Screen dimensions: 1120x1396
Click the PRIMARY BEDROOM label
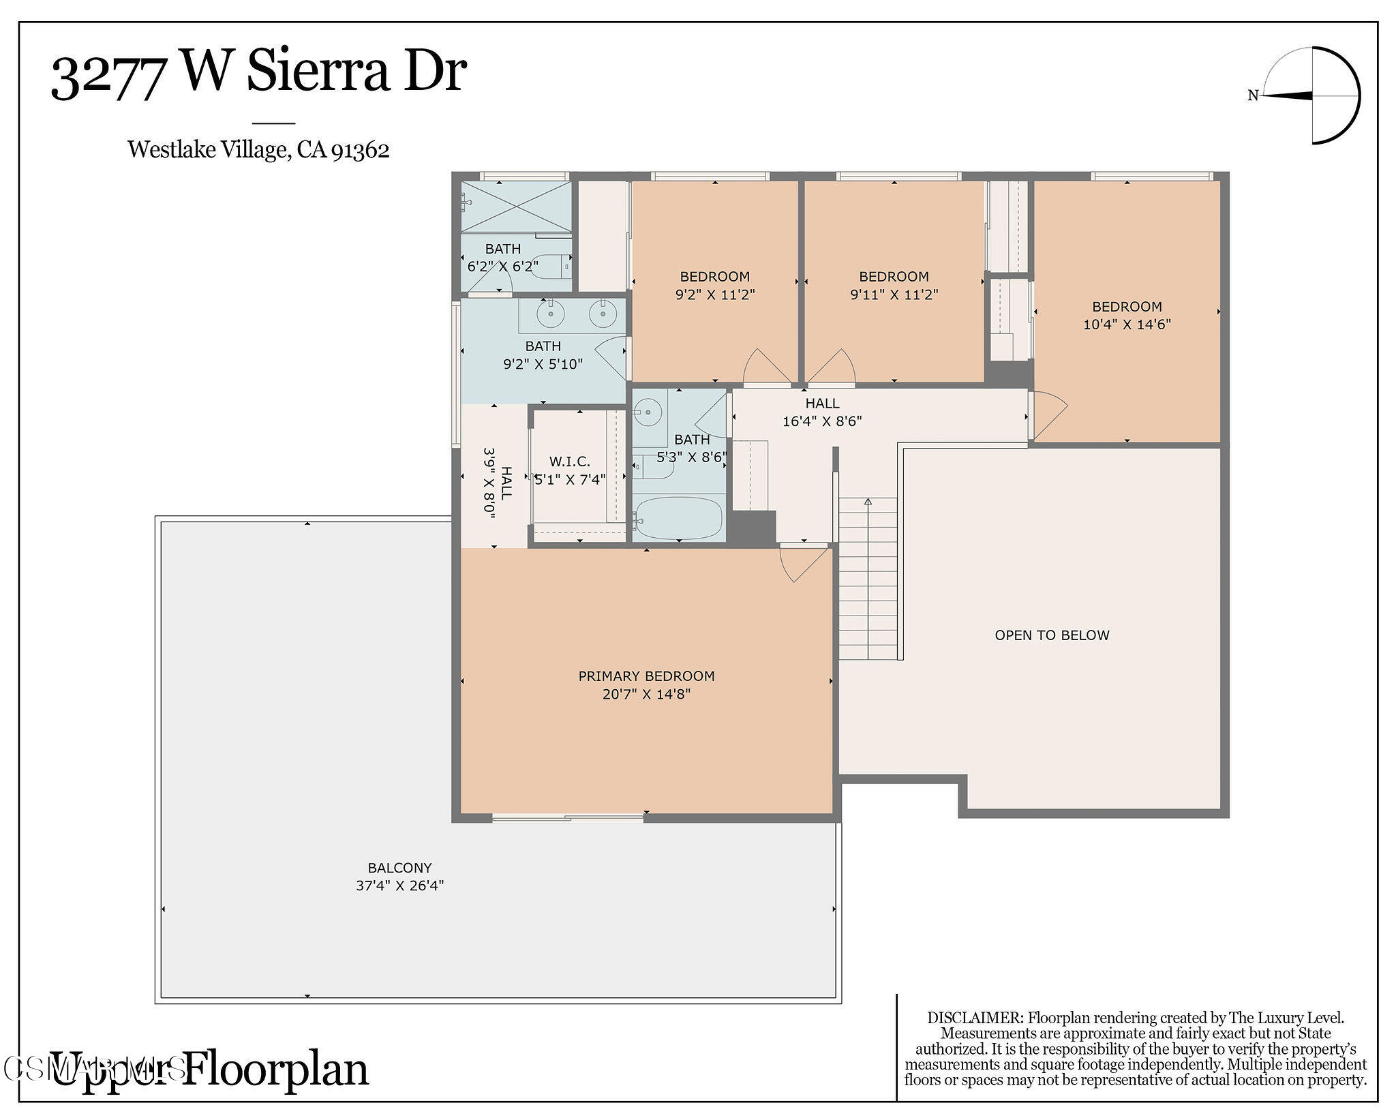pyautogui.click(x=646, y=676)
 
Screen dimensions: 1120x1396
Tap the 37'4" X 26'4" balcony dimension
pyautogui.click(x=399, y=886)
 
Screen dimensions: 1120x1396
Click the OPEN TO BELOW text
pyautogui.click(x=1052, y=635)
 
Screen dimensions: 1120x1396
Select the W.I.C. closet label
pyautogui.click(x=570, y=461)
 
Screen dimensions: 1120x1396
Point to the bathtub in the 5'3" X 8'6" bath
pyautogui.click(x=679, y=519)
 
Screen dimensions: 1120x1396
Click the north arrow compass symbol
pyautogui.click(x=1312, y=95)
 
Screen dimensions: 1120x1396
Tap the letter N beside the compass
pyautogui.click(x=1252, y=96)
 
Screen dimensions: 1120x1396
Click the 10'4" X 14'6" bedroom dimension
pyautogui.click(x=1127, y=324)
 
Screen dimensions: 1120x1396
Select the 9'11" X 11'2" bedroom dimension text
pyautogui.click(x=894, y=294)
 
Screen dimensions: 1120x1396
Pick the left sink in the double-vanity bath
pyautogui.click(x=550, y=314)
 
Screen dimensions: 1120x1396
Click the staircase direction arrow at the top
pyautogui.click(x=868, y=502)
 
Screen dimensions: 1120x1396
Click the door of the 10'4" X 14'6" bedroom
pyautogui.click(x=1048, y=415)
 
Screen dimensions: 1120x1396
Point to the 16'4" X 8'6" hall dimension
pyautogui.click(x=822, y=421)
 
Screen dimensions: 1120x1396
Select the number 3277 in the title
pyautogui.click(x=109, y=76)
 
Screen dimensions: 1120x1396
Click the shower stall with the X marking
pyautogui.click(x=516, y=207)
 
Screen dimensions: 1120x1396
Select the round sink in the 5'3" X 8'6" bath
pyautogui.click(x=644, y=410)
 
